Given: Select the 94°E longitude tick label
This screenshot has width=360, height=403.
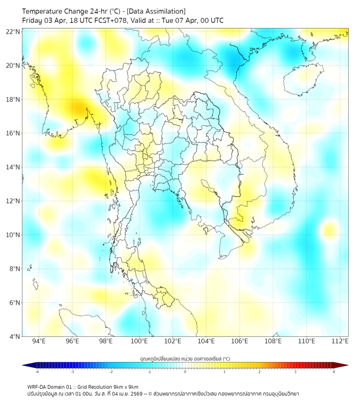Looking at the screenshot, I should coord(39,341).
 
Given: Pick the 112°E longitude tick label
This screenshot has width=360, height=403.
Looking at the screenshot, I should coord(340,341).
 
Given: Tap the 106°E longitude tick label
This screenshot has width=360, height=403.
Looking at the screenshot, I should coord(240,341).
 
